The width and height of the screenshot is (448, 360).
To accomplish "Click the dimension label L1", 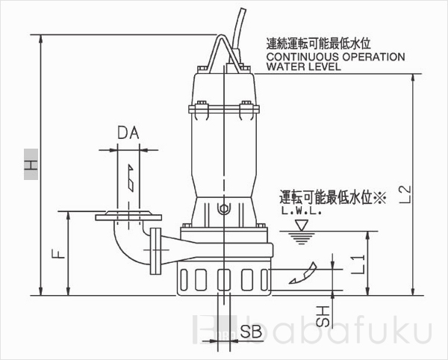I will [358, 262].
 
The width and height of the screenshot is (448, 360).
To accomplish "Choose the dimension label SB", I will [252, 335].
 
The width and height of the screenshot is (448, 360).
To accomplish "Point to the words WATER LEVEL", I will [303, 66].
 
